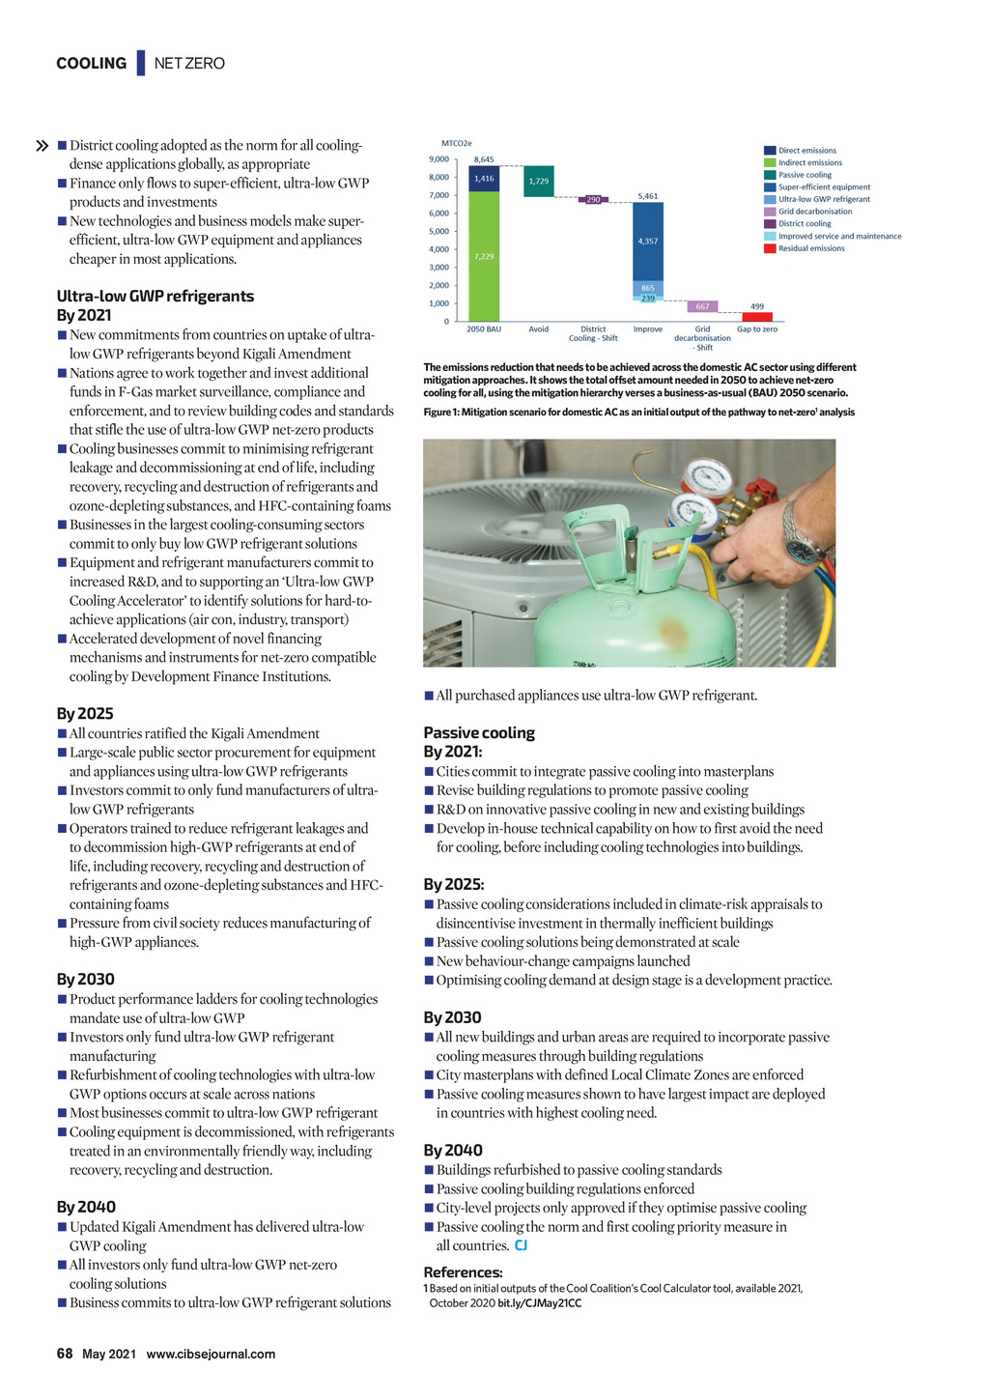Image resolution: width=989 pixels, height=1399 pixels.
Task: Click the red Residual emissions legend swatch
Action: pos(770,248)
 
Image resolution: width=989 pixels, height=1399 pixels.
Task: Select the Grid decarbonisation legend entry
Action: pos(815,212)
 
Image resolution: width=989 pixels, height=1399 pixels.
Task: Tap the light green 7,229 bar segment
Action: pos(484,256)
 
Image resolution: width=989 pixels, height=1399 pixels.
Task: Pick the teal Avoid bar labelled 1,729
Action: pos(539,182)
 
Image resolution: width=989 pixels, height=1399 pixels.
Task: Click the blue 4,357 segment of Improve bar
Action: pos(648,241)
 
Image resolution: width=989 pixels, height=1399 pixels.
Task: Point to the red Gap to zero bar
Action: pos(757,317)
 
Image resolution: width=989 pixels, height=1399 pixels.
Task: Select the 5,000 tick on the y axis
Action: pos(438,232)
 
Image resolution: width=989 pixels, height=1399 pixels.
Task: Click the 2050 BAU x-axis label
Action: pos(484,329)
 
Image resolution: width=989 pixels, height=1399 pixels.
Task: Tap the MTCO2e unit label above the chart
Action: pos(457,144)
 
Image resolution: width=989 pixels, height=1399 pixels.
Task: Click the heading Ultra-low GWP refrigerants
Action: pos(155,296)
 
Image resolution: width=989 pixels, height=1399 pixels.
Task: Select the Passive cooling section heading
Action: pos(479,732)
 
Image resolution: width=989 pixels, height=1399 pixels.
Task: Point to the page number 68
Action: pos(65,1354)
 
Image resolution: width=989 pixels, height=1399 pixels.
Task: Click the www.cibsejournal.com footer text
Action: pos(211,1355)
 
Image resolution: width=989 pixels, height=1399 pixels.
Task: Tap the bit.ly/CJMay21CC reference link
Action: pos(539,1303)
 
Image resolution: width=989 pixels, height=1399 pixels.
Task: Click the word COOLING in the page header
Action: pos(91,64)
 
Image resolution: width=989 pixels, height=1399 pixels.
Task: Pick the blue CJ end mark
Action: pos(522,1245)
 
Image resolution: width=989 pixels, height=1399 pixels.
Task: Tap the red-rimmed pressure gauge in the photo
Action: pos(706,477)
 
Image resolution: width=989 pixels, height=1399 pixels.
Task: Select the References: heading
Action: pos(463,1272)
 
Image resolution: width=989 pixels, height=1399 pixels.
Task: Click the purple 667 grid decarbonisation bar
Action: pos(702,306)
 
